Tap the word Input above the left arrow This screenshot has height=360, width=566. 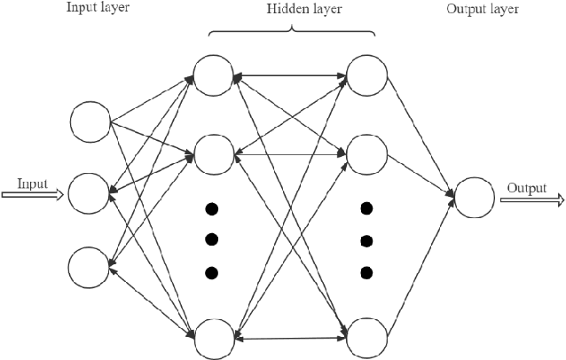coord(32,184)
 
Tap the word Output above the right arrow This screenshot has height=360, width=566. coord(526,188)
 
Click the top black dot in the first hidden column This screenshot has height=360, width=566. coord(212,209)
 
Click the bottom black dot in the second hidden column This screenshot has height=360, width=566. coord(366,271)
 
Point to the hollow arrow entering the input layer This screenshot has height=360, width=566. coord(32,195)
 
